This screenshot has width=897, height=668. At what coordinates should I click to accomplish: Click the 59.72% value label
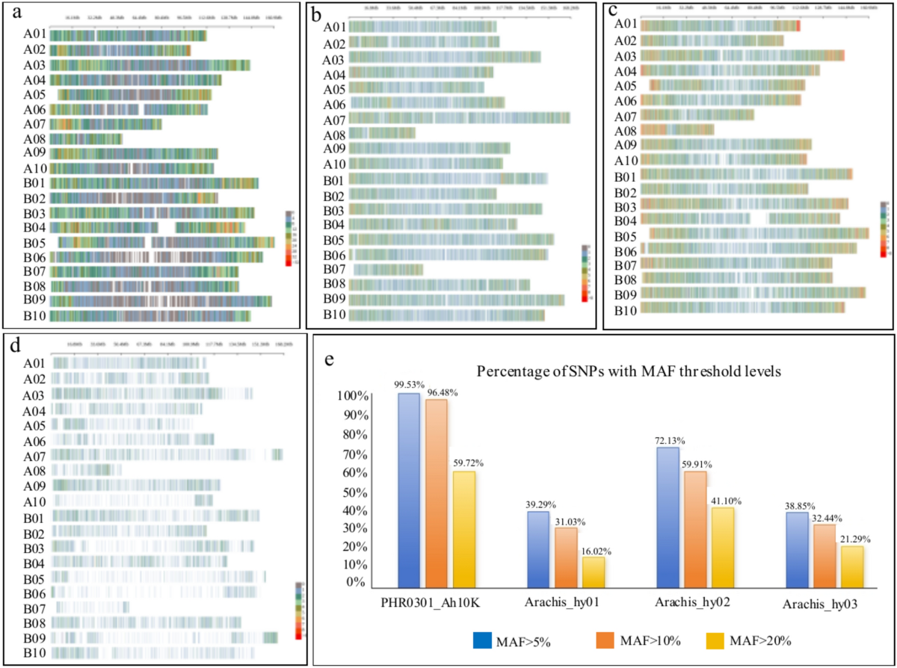468,463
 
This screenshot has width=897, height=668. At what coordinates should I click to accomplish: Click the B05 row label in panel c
626,236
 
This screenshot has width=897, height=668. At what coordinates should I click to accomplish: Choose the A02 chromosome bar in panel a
120,50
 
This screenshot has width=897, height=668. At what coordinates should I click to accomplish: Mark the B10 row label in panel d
35,653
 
